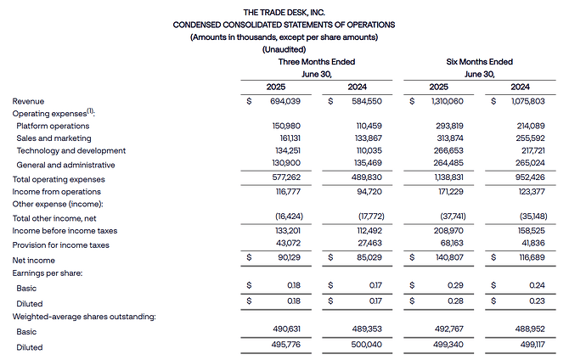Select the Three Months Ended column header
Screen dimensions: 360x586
coord(317,62)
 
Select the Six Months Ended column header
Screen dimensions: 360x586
coord(479,62)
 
